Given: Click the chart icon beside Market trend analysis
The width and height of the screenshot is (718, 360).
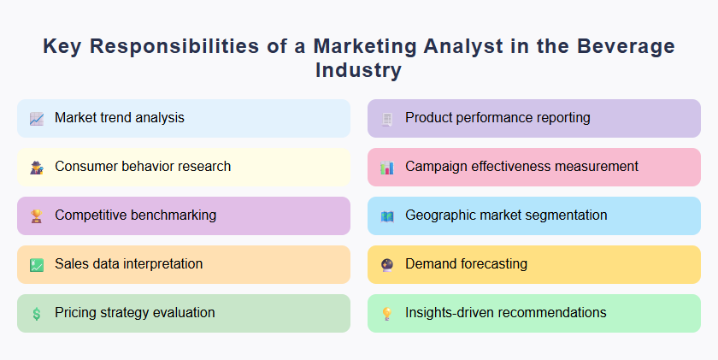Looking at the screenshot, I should [37, 119].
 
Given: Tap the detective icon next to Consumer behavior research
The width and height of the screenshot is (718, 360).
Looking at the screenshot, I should [37, 168].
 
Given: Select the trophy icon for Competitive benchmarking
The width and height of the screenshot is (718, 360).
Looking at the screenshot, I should [37, 216].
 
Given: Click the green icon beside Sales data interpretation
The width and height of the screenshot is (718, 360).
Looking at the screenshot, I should [37, 265].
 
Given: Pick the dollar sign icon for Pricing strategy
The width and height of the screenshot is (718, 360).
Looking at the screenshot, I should [37, 314].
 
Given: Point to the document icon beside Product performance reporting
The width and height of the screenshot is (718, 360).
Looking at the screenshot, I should [387, 119].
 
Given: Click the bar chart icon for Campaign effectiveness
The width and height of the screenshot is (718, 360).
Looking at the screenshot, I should [387, 168].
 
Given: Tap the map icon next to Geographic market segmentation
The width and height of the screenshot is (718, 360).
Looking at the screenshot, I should [387, 216].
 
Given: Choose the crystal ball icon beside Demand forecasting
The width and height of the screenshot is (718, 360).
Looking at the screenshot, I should [387, 265].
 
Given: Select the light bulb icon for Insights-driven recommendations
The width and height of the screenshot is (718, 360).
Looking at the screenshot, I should [387, 314].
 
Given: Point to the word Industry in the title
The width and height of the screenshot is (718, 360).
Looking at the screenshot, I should [358, 70].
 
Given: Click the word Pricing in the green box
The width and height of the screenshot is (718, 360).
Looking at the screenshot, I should [76, 313].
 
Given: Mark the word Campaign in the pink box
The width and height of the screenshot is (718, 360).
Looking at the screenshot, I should [437, 167].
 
